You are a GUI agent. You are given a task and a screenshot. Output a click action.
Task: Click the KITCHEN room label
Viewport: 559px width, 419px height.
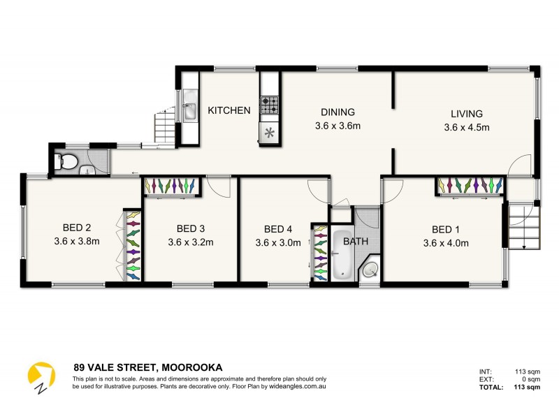tap(229, 110)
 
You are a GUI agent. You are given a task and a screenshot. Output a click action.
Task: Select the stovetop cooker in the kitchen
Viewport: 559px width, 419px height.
tap(270, 105)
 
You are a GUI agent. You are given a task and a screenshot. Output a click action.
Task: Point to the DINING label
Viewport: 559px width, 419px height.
tap(338, 112)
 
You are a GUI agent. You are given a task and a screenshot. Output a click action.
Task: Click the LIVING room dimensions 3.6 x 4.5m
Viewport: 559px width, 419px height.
tap(467, 127)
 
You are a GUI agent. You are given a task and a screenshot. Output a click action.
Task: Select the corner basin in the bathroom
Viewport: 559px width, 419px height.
tap(372, 271)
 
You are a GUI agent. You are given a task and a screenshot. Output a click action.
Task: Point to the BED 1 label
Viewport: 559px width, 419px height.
tap(446, 229)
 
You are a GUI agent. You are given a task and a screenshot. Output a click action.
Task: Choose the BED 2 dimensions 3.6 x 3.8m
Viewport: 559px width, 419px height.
tap(78, 242)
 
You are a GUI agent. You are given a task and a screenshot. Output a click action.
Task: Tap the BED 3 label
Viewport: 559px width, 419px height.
tap(191, 228)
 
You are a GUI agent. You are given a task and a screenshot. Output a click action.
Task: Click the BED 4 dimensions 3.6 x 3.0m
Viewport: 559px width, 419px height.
tap(278, 243)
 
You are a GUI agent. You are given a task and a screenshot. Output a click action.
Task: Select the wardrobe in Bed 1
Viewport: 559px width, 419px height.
tap(470, 186)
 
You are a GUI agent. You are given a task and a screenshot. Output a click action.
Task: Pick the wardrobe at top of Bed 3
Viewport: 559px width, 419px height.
tap(172, 186)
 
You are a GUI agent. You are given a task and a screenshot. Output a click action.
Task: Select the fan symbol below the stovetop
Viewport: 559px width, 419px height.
tap(270, 132)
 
